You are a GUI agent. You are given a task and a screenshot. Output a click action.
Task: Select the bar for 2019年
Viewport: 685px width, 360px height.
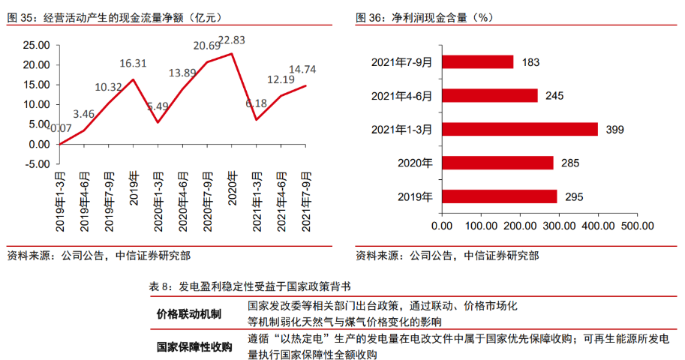[500, 196]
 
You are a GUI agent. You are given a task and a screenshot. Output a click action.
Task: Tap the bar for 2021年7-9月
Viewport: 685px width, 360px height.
[478, 61]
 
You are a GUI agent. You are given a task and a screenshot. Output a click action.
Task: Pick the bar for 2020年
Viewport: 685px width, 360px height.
[497, 163]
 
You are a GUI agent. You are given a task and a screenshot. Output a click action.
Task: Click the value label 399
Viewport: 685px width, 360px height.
[615, 130]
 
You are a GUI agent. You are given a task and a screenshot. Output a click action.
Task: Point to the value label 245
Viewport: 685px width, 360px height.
[554, 96]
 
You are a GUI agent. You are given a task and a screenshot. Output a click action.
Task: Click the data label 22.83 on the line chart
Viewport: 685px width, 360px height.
[233, 40]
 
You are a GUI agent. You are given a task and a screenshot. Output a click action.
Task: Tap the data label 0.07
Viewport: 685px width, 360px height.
[60, 129]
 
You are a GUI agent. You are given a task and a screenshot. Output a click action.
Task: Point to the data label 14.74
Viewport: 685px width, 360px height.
[302, 70]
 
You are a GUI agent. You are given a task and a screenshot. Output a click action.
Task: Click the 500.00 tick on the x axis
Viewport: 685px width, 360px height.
[638, 225]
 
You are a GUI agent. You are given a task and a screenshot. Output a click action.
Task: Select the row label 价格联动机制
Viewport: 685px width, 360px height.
[188, 313]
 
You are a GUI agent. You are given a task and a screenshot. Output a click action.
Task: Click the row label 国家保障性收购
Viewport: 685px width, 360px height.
[194, 346]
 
